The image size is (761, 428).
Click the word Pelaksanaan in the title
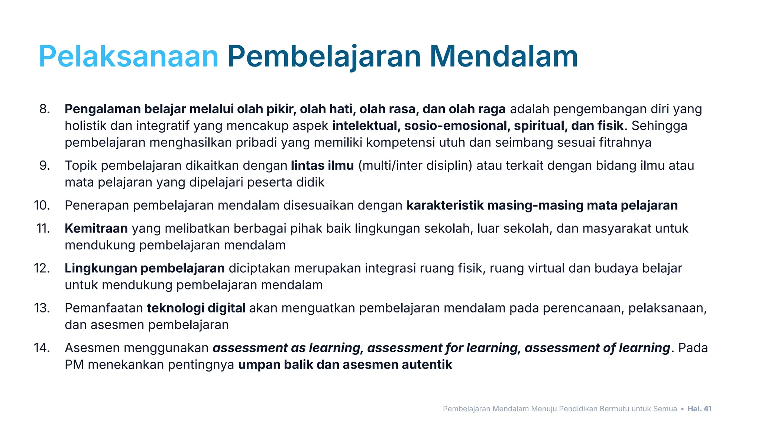point(128,56)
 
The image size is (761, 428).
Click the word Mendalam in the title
point(503,56)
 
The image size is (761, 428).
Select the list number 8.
point(44,109)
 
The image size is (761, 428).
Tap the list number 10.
point(42,205)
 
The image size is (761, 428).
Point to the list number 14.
point(42,348)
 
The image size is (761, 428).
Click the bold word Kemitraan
point(96,228)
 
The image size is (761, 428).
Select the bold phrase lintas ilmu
point(322,165)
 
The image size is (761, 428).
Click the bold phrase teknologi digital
point(196,308)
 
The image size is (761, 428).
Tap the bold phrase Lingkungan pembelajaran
point(145,268)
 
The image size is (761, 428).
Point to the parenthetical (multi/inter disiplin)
point(415,165)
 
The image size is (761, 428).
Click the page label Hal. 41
point(699,409)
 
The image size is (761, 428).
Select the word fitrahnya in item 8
point(625,143)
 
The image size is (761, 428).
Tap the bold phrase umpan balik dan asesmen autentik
point(345,364)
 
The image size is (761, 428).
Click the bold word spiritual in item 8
point(540,126)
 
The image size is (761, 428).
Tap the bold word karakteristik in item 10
point(445,205)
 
